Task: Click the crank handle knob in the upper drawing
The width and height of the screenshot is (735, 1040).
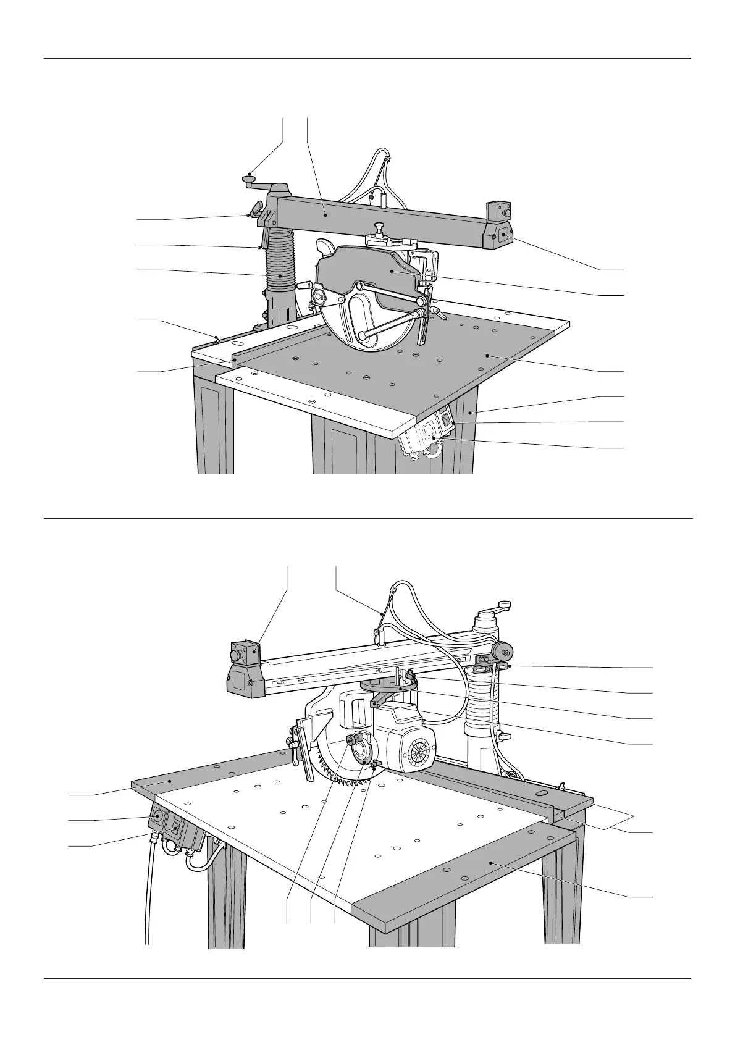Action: (x=250, y=180)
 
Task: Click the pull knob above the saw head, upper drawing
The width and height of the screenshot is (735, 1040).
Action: (x=378, y=227)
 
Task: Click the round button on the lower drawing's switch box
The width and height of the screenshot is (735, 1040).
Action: (x=157, y=816)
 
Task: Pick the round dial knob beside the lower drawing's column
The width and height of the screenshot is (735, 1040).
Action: (x=503, y=650)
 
